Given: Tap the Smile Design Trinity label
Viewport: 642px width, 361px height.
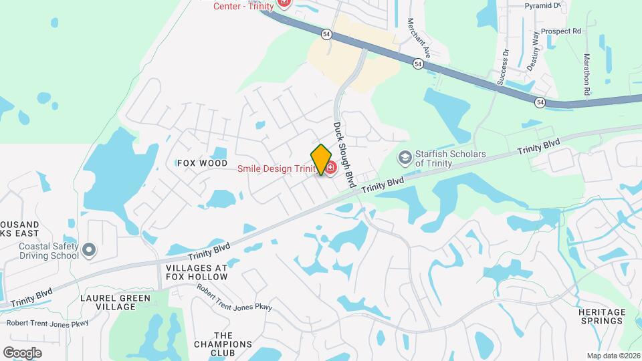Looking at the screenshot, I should pos(276,168).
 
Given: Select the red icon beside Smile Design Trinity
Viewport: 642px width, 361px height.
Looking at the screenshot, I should pos(330,166).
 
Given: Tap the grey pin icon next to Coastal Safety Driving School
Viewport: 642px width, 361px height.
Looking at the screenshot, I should pos(90,251).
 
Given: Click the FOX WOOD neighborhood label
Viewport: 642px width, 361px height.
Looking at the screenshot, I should pos(197,163).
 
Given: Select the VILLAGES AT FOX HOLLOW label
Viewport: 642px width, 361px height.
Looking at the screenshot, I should pos(197,272).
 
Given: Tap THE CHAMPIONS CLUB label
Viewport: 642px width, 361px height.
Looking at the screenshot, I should pos(223,344).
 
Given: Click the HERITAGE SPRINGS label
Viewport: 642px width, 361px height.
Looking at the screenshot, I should pos(602,316).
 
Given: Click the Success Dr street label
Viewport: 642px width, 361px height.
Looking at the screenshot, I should pos(503,67).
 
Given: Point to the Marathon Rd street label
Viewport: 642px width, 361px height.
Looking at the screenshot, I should pos(586,74).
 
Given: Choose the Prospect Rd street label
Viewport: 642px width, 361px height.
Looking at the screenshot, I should pos(560,31).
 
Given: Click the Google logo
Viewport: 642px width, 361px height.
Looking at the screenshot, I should pos(22,352).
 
